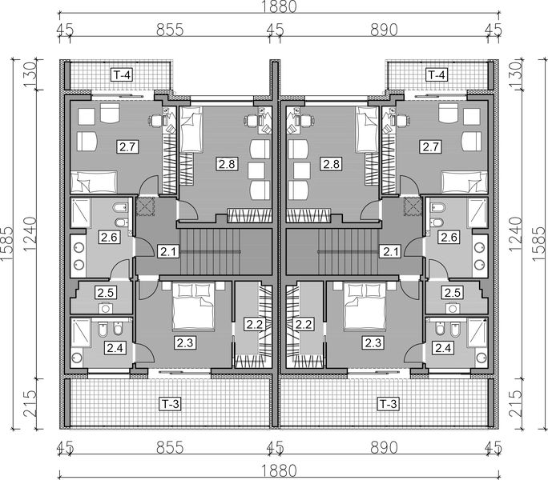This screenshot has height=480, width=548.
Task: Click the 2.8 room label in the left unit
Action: click(227, 164)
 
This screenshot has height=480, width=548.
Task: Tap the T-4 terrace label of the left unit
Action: click(121, 75)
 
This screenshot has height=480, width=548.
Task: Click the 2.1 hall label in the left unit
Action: click(167, 253)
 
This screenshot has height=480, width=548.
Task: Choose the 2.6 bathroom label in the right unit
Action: click(449, 237)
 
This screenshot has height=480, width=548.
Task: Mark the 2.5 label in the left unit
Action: click(105, 294)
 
